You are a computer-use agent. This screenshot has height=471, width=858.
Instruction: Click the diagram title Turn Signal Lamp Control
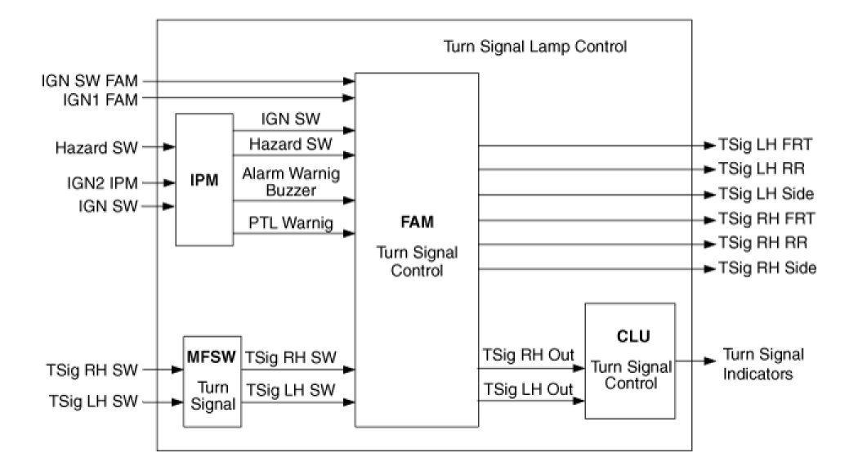[535, 47]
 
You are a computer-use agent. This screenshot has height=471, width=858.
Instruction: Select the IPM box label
[204, 180]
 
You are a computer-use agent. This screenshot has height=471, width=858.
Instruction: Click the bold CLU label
[630, 337]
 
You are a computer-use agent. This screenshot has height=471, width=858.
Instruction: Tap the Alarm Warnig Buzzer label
[291, 182]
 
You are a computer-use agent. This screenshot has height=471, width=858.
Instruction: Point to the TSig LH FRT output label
[764, 146]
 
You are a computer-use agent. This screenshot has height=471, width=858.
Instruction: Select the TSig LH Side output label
[766, 195]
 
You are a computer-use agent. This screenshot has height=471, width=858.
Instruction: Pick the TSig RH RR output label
[763, 244]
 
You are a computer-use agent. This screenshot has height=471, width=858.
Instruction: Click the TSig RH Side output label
[766, 268]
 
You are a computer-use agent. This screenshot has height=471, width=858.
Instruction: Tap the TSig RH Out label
[528, 356]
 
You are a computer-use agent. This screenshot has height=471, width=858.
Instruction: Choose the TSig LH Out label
[528, 389]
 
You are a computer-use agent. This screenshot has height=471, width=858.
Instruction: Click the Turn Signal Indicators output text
[763, 363]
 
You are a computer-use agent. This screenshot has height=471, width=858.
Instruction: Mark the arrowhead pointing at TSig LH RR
[708, 170]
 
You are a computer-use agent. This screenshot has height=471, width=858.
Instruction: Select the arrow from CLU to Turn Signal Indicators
[695, 361]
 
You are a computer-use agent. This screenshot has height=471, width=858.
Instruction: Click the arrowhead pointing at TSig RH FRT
[708, 219]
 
